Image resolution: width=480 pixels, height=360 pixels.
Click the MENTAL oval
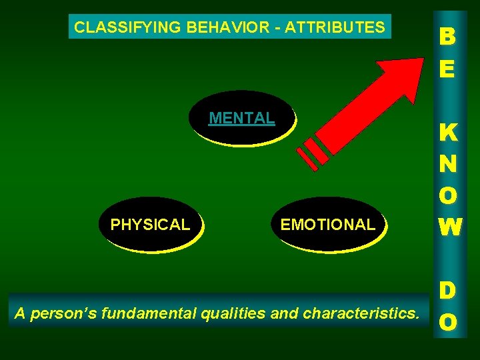[241, 118]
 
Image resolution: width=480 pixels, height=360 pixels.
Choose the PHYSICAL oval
[150, 225]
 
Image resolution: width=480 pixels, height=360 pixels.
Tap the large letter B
[447, 37]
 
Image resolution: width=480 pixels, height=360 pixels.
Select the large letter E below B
[447, 69]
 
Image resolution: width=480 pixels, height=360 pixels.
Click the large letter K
[447, 133]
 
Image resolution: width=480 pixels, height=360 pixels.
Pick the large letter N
[447, 165]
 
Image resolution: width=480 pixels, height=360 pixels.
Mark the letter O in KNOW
[447, 196]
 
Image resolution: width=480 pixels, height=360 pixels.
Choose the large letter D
[447, 291]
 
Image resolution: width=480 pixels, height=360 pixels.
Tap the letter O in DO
[447, 321]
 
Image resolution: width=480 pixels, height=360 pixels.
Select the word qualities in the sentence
[233, 312]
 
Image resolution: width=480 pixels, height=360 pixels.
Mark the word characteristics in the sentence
[361, 312]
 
